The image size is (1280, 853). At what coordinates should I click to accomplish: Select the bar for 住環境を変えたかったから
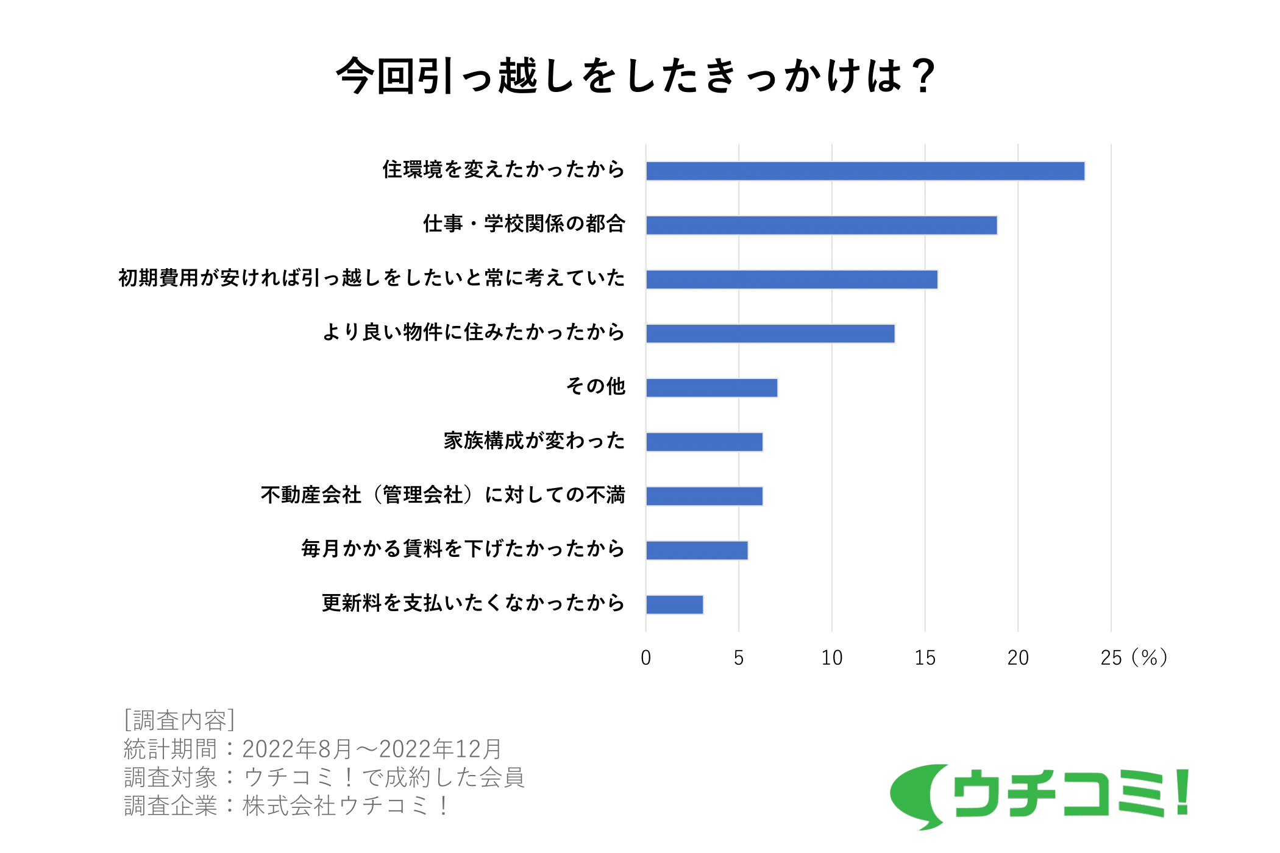[x=865, y=171]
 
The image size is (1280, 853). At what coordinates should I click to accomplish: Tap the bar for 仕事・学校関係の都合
[x=821, y=225]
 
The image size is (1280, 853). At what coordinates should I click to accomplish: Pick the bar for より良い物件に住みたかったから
[x=770, y=334]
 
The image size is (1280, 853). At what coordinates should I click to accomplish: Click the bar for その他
[x=711, y=388]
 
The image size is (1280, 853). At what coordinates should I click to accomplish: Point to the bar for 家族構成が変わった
[x=704, y=442]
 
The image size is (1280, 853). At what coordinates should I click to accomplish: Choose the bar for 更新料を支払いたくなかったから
[x=674, y=605]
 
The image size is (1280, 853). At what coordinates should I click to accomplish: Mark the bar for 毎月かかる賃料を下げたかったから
[x=697, y=551]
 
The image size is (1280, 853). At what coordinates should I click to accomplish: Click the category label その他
[x=596, y=386]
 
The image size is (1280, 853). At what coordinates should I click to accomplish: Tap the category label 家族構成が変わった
[x=534, y=441]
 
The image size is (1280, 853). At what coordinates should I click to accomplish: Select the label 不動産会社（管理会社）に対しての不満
[x=443, y=495]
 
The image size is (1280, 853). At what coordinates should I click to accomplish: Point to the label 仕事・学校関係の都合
[x=524, y=224]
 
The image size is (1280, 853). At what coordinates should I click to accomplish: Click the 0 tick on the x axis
[x=646, y=658]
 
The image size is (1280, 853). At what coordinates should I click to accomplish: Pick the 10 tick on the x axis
[x=832, y=658]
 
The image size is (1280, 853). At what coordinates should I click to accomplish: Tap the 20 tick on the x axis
[x=1018, y=658]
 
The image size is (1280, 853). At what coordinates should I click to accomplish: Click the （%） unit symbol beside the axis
[x=1149, y=658]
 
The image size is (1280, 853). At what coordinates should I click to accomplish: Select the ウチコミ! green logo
[x=1039, y=795]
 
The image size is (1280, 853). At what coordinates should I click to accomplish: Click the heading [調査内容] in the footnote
[x=179, y=720]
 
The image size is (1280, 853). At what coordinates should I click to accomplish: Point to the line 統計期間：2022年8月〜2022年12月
[x=313, y=749]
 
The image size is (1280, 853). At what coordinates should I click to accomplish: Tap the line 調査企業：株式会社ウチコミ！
[x=286, y=806]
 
